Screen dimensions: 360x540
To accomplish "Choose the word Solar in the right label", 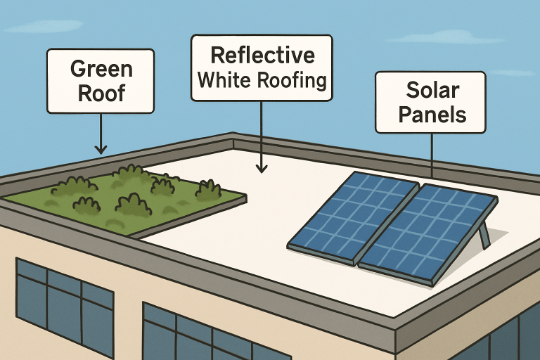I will (x=431, y=89).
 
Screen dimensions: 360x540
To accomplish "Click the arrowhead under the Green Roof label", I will (x=101, y=148).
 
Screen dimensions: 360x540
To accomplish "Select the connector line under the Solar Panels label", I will (x=431, y=154).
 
